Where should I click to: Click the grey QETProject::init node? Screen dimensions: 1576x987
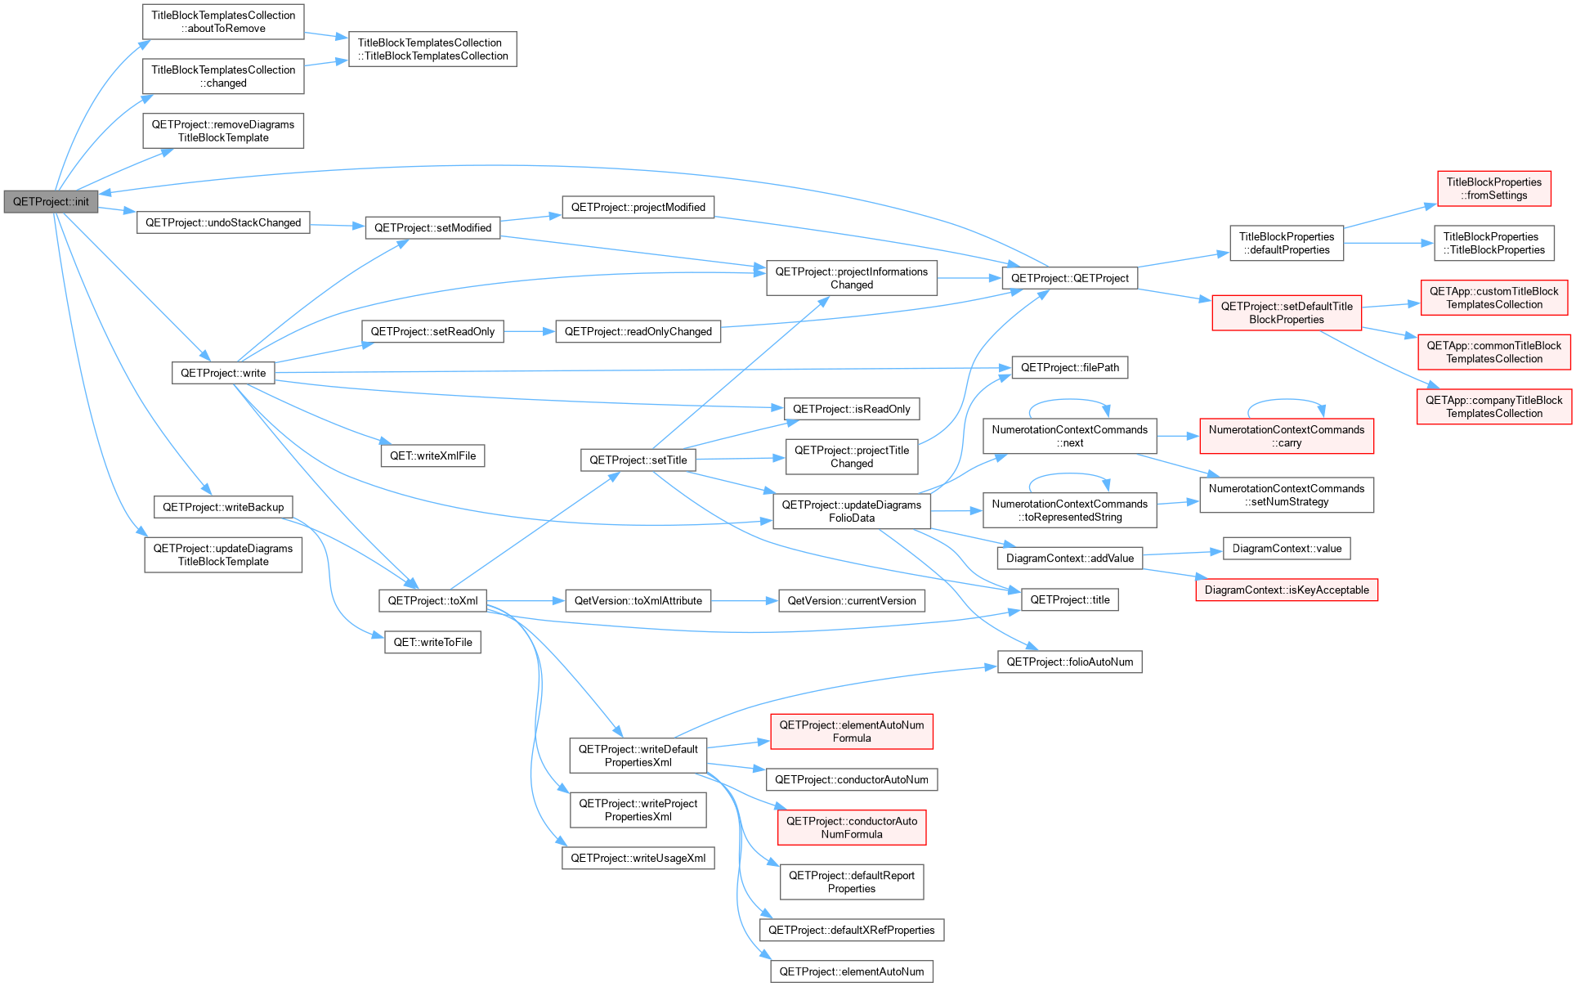51,202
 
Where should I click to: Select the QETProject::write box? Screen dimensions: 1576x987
223,373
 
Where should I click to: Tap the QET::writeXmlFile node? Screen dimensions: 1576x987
432,455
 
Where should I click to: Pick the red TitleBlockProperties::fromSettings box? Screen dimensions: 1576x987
1494,189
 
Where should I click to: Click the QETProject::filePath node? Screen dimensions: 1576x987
1070,368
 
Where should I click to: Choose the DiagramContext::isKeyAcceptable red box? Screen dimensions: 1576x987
1287,590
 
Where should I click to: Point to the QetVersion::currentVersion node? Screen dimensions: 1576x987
852,601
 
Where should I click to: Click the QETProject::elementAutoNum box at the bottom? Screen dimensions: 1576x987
852,971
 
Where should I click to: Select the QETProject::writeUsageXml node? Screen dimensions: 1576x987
638,858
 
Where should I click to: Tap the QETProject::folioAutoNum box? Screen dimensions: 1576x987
1070,662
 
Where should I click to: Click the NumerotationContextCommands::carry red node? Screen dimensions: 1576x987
1287,436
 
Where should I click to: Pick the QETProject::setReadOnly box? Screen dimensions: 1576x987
432,331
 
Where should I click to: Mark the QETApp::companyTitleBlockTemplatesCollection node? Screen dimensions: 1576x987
1494,406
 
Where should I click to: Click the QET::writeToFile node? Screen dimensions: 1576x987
432,642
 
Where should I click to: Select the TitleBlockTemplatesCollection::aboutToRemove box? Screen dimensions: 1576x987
223,22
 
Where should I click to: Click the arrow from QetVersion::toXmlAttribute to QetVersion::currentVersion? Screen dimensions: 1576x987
745,601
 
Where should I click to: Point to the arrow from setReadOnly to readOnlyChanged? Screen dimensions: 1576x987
530,331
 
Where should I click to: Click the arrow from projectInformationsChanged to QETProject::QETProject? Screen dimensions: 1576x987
969,278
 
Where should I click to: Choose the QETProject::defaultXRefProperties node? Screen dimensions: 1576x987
852,930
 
